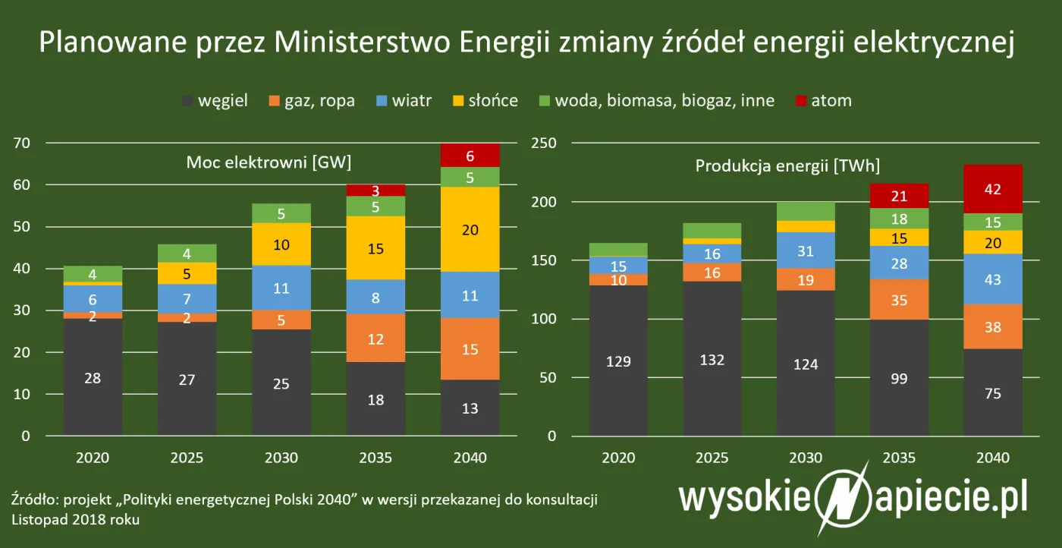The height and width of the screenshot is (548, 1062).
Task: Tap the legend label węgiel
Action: coord(223,100)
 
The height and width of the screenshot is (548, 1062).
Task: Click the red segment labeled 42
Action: coord(994,189)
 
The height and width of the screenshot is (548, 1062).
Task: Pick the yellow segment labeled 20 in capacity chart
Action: coord(471,229)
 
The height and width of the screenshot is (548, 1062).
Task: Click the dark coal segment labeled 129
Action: coord(619,361)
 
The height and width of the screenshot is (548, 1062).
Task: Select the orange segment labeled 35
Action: coord(899,300)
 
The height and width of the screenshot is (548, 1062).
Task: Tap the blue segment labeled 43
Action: coord(994,279)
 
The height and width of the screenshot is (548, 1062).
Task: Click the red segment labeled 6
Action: coord(471,156)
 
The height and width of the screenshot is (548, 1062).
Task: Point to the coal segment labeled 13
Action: coord(471,408)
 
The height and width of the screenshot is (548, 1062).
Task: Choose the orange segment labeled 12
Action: coord(376,339)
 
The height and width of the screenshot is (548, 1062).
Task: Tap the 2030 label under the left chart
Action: coord(281,458)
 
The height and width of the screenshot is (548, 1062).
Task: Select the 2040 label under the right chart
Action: coord(994,458)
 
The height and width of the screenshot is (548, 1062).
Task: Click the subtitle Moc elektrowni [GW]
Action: coord(269,162)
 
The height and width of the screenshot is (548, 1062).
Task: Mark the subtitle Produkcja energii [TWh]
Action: coord(787,166)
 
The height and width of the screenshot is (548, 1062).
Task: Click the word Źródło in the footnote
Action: coord(33,501)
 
